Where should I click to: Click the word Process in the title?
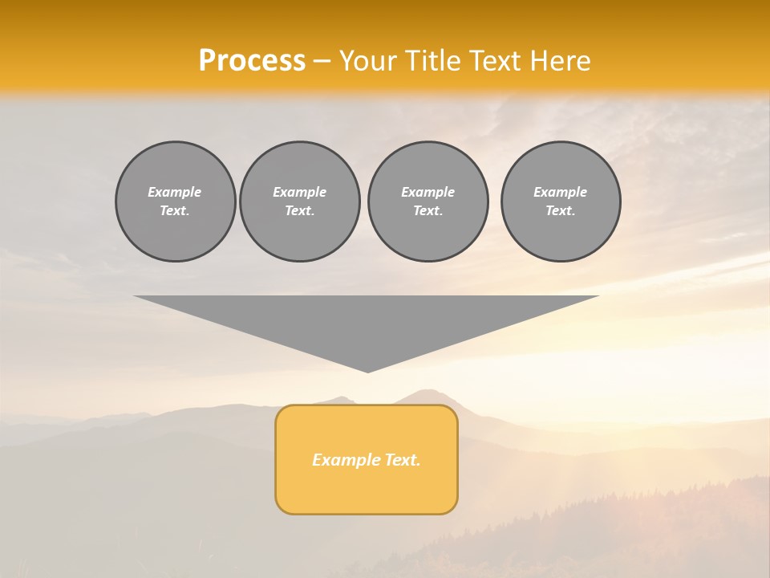(252, 61)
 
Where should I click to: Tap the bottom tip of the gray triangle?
(367, 370)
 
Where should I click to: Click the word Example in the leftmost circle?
(175, 192)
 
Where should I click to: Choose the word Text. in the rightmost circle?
(560, 210)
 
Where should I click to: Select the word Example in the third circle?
(428, 192)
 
